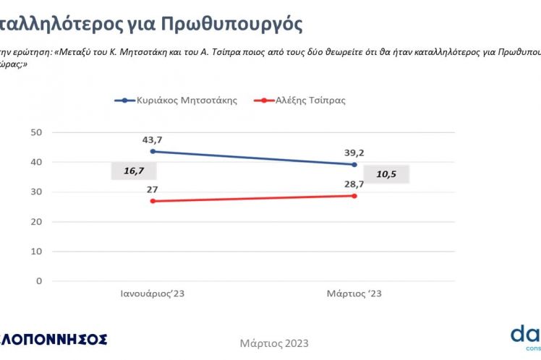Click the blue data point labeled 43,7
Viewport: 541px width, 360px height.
pyautogui.click(x=153, y=151)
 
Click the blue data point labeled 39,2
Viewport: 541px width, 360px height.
pyautogui.click(x=354, y=165)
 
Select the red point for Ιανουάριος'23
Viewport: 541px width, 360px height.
pyautogui.click(x=153, y=201)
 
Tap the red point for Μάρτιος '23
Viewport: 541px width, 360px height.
pyautogui.click(x=354, y=196)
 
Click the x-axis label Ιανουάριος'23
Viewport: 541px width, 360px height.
pyautogui.click(x=157, y=294)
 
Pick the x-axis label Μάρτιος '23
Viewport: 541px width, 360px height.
pyautogui.click(x=354, y=294)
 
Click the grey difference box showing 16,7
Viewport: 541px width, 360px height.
pyautogui.click(x=134, y=171)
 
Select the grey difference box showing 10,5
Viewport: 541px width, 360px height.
pyautogui.click(x=386, y=175)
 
